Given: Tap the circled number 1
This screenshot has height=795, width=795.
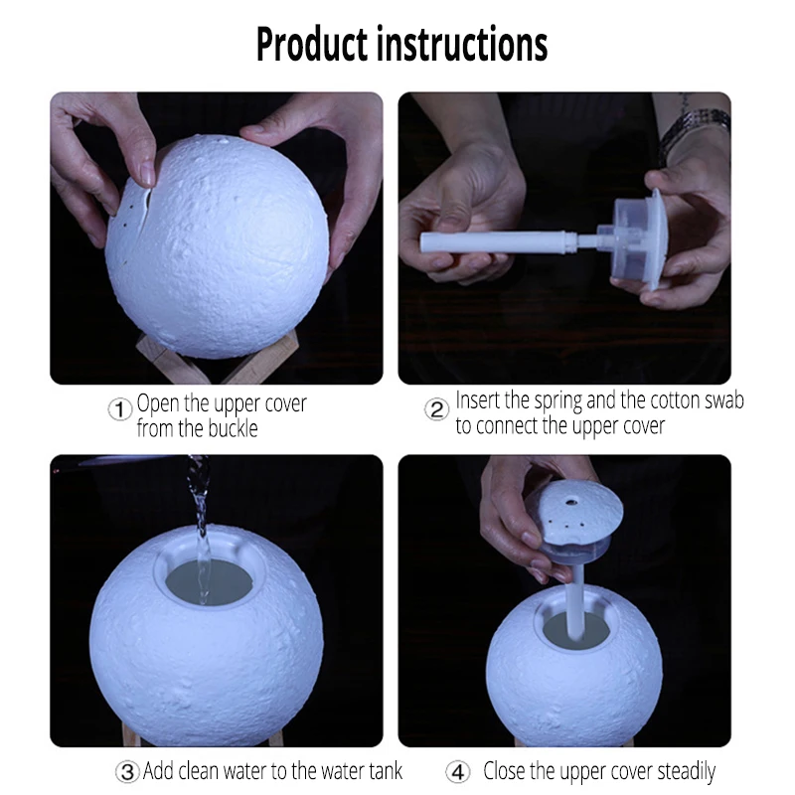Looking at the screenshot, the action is tap(120, 409).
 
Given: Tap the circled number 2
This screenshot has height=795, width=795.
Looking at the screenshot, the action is tap(436, 409).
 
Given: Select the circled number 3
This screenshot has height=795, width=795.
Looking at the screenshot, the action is tap(127, 772).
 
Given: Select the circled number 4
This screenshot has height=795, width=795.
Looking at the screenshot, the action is tap(458, 772).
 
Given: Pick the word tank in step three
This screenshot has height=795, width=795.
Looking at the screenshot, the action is tap(386, 771).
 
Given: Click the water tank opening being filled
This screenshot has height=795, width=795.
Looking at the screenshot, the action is tap(210, 581).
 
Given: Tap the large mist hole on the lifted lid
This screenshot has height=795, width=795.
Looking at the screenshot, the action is tap(571, 503).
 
